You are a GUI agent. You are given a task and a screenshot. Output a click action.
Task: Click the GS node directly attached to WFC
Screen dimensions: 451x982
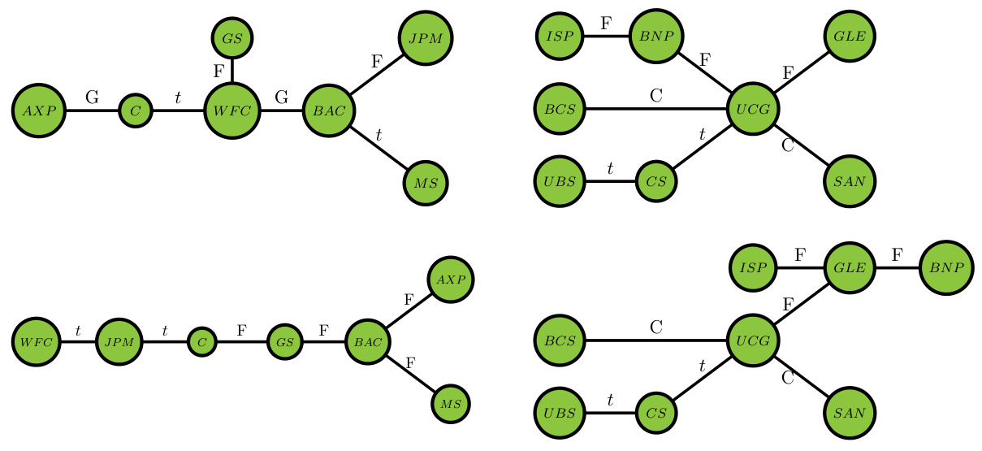(x=233, y=37)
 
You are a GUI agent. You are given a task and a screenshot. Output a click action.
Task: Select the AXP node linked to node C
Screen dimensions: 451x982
(x=38, y=111)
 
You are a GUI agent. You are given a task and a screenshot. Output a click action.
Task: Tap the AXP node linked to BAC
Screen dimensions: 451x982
(x=451, y=280)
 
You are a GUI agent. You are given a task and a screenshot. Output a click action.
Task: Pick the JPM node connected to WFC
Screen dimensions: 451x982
(x=119, y=342)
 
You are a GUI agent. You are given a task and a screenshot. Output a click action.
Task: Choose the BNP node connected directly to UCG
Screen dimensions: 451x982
(x=657, y=37)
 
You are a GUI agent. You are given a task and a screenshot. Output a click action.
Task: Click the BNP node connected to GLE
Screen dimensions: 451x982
(x=946, y=267)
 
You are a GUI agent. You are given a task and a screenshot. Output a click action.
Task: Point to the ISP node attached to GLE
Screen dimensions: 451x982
(x=754, y=267)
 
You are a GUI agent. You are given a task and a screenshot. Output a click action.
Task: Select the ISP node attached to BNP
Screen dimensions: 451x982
(x=560, y=37)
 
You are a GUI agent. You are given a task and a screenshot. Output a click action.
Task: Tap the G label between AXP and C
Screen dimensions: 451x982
(x=92, y=98)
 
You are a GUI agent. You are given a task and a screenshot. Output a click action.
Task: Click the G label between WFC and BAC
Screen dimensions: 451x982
(x=282, y=98)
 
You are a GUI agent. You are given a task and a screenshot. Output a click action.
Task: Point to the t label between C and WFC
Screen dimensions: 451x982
(x=178, y=98)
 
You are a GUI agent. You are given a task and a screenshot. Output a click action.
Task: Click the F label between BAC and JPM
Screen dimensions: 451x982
(x=376, y=62)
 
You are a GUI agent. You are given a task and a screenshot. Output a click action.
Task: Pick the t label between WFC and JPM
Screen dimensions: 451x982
(x=78, y=331)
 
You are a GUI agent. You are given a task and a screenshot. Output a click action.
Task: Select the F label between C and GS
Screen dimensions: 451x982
(x=241, y=331)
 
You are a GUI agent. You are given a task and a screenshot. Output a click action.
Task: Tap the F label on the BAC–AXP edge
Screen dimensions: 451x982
(x=409, y=300)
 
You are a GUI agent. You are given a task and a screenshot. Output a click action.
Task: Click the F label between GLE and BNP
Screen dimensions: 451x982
(x=897, y=255)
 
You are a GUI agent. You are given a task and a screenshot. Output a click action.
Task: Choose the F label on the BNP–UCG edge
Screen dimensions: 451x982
(x=704, y=59)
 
